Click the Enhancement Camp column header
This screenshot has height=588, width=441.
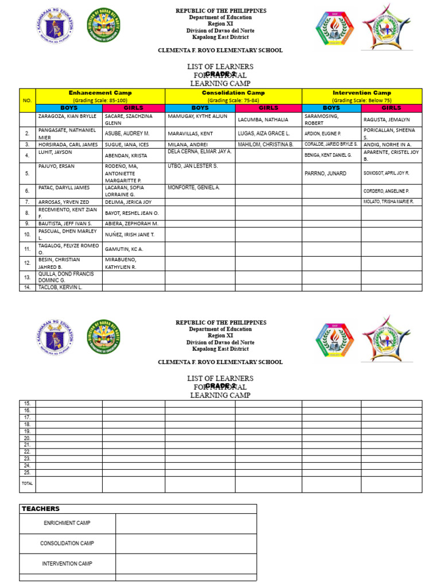100,92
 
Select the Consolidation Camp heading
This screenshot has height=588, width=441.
233,92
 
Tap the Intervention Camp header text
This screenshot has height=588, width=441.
362,92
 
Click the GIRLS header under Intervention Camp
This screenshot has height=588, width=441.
391,107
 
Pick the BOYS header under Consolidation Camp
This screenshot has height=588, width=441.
200,107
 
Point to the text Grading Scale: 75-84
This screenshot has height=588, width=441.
233,100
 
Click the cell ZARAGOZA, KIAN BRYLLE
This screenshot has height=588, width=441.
67,116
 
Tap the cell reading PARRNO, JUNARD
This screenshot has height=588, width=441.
325,173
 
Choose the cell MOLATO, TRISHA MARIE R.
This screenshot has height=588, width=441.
388,202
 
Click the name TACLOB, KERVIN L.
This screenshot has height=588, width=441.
60,287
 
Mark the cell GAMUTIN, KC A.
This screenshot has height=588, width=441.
123,249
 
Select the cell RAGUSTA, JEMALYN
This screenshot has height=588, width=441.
385,119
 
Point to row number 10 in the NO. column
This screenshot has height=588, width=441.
27,234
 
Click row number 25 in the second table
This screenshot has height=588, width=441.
27,472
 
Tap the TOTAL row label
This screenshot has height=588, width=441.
27,483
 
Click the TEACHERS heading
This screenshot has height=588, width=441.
40,509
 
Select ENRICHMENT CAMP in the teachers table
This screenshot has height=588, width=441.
67,523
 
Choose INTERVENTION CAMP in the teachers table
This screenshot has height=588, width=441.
67,563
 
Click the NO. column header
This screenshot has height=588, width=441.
27,100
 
